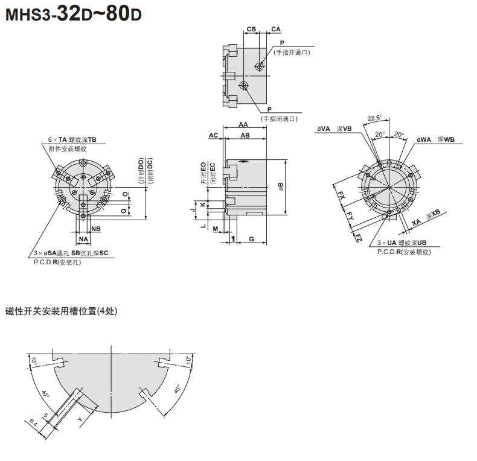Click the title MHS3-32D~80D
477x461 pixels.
pos(73,14)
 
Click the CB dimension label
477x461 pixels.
pos(251,29)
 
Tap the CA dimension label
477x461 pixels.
pos(276,29)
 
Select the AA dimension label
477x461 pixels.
pos(243,124)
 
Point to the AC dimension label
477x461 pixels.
pos(214,135)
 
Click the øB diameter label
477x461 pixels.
pos(281,186)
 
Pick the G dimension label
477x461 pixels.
pos(251,239)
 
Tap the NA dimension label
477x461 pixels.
pos(83,240)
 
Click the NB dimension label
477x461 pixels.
pos(96,229)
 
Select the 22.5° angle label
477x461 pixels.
pos(374,118)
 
